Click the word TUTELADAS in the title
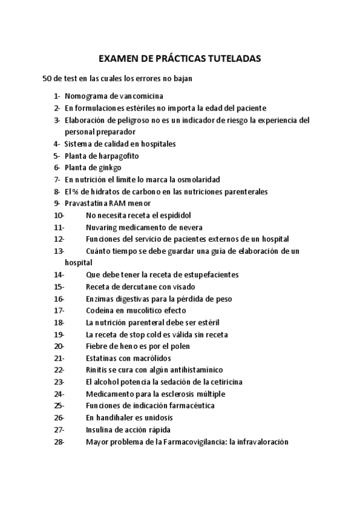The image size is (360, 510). coord(231,59)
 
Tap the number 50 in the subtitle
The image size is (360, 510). coord(47,79)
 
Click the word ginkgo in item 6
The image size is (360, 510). coord(108,168)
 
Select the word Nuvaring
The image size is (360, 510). coord(102,227)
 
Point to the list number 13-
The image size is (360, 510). coord(59,251)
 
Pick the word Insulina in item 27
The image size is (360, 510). coord(101,429)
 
